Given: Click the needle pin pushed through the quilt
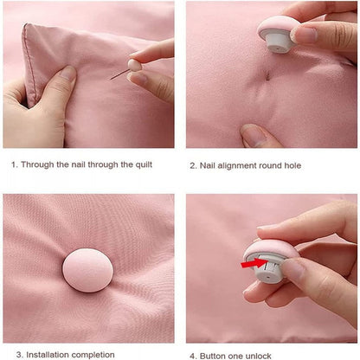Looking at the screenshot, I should point(118,75).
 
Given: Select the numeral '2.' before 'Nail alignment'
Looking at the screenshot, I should point(193,164).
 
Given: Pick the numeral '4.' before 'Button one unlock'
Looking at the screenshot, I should point(193,354).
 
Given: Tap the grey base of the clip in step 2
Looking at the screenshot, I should point(275,39).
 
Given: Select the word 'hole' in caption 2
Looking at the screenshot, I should point(291,164).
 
